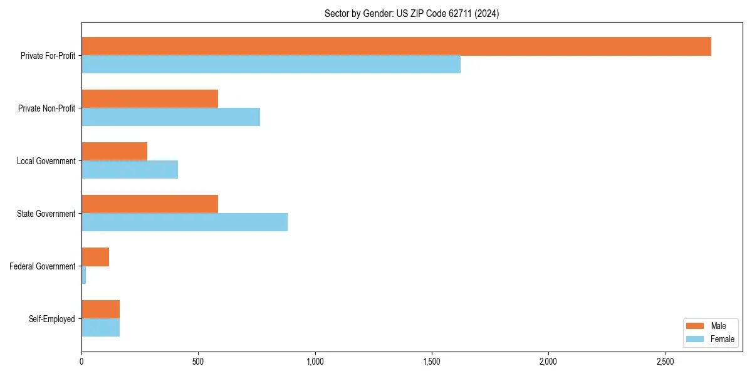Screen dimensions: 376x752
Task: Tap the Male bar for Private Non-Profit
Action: click(x=150, y=99)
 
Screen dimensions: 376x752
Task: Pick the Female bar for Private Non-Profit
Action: click(x=170, y=117)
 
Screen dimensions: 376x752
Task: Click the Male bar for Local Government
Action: click(x=114, y=152)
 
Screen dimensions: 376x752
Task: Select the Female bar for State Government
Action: click(x=184, y=222)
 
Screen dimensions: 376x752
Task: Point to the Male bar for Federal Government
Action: click(x=95, y=257)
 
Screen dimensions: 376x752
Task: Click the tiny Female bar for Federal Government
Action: click(x=84, y=275)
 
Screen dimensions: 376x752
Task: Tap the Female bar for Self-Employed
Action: click(x=100, y=328)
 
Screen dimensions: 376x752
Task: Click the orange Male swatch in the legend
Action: click(x=696, y=326)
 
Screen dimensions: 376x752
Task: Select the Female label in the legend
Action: click(x=723, y=339)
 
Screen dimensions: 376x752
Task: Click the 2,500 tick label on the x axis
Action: click(x=665, y=362)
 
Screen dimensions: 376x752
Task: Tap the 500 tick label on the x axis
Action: click(x=198, y=362)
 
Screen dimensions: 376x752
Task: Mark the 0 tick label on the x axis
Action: click(x=81, y=362)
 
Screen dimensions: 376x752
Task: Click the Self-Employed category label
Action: click(x=51, y=319)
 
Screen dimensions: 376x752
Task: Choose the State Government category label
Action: click(x=46, y=214)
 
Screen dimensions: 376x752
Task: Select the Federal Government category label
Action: click(x=43, y=266)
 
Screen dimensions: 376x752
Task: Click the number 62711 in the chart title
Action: click(x=459, y=13)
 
